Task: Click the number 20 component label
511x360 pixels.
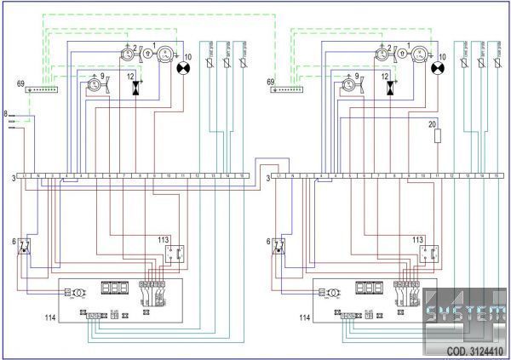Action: pyautogui.click(x=433, y=124)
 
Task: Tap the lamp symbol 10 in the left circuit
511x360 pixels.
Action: pyautogui.click(x=181, y=68)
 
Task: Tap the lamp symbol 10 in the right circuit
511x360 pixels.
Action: pyautogui.click(x=439, y=68)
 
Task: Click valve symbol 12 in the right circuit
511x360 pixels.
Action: pyautogui.click(x=389, y=87)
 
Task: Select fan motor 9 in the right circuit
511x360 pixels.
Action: pyautogui.click(x=347, y=85)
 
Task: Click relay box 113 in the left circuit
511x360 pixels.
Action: pyautogui.click(x=175, y=253)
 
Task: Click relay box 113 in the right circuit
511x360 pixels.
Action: pyautogui.click(x=429, y=253)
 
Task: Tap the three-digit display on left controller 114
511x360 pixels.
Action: pyautogui.click(x=114, y=289)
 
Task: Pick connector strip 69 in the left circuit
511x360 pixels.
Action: pyautogui.click(x=41, y=89)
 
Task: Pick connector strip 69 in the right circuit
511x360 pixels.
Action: pyautogui.click(x=295, y=89)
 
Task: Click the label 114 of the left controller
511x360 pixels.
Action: pyautogui.click(x=49, y=318)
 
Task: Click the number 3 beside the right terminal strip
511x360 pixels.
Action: pyautogui.click(x=267, y=178)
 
